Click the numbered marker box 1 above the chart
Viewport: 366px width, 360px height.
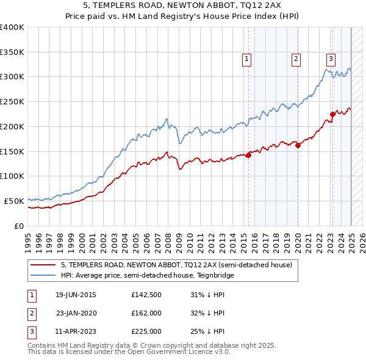point(246,59)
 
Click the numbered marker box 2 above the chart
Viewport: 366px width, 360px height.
point(295,59)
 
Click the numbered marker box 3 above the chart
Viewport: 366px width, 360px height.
point(331,59)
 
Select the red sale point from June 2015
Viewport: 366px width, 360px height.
point(249,155)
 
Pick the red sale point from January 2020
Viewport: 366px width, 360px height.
point(298,145)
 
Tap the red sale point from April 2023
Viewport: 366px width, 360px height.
point(333,114)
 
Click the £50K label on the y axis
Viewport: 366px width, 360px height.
point(14,201)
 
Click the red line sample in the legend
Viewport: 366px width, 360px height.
point(42,265)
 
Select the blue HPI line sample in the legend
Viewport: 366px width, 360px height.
point(42,275)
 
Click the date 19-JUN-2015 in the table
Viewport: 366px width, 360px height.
point(76,295)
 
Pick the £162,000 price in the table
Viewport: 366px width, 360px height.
point(146,313)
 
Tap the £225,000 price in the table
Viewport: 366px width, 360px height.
point(146,331)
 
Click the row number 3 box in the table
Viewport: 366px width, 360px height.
point(30,331)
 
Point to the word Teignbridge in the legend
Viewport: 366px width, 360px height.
point(217,275)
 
